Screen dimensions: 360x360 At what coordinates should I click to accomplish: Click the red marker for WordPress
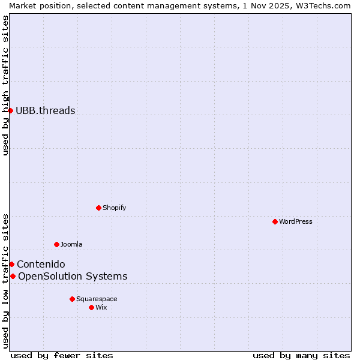click(x=275, y=221)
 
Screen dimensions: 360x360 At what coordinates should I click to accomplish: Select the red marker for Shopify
click(x=98, y=208)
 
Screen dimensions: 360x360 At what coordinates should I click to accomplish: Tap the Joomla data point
click(x=56, y=244)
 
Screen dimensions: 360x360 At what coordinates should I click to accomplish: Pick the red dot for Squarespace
click(x=72, y=299)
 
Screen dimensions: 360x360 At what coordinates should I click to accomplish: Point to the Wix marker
click(x=91, y=307)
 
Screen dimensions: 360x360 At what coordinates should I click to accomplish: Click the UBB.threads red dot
click(x=10, y=110)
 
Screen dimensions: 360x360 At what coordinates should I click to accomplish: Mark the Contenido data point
click(x=11, y=264)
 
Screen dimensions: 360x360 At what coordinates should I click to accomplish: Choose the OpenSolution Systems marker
click(x=13, y=276)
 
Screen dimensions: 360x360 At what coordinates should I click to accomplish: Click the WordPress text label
click(x=296, y=221)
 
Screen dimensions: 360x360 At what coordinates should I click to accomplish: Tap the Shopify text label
click(x=115, y=208)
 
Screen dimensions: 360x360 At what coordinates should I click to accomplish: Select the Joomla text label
click(x=71, y=244)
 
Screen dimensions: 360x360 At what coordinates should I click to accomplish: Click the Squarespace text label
click(x=97, y=299)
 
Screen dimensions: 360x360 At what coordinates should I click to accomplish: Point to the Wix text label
click(x=101, y=307)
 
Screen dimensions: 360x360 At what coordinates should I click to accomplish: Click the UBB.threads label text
click(x=46, y=110)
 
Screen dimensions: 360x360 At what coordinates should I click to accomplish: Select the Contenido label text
click(x=41, y=264)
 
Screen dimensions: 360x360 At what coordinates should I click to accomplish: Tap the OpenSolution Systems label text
click(x=73, y=276)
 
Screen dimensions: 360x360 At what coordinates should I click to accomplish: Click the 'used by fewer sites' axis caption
click(x=62, y=355)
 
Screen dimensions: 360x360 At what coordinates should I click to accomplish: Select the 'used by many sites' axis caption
click(x=301, y=355)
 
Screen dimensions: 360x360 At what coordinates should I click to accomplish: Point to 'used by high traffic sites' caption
click(x=5, y=85)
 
